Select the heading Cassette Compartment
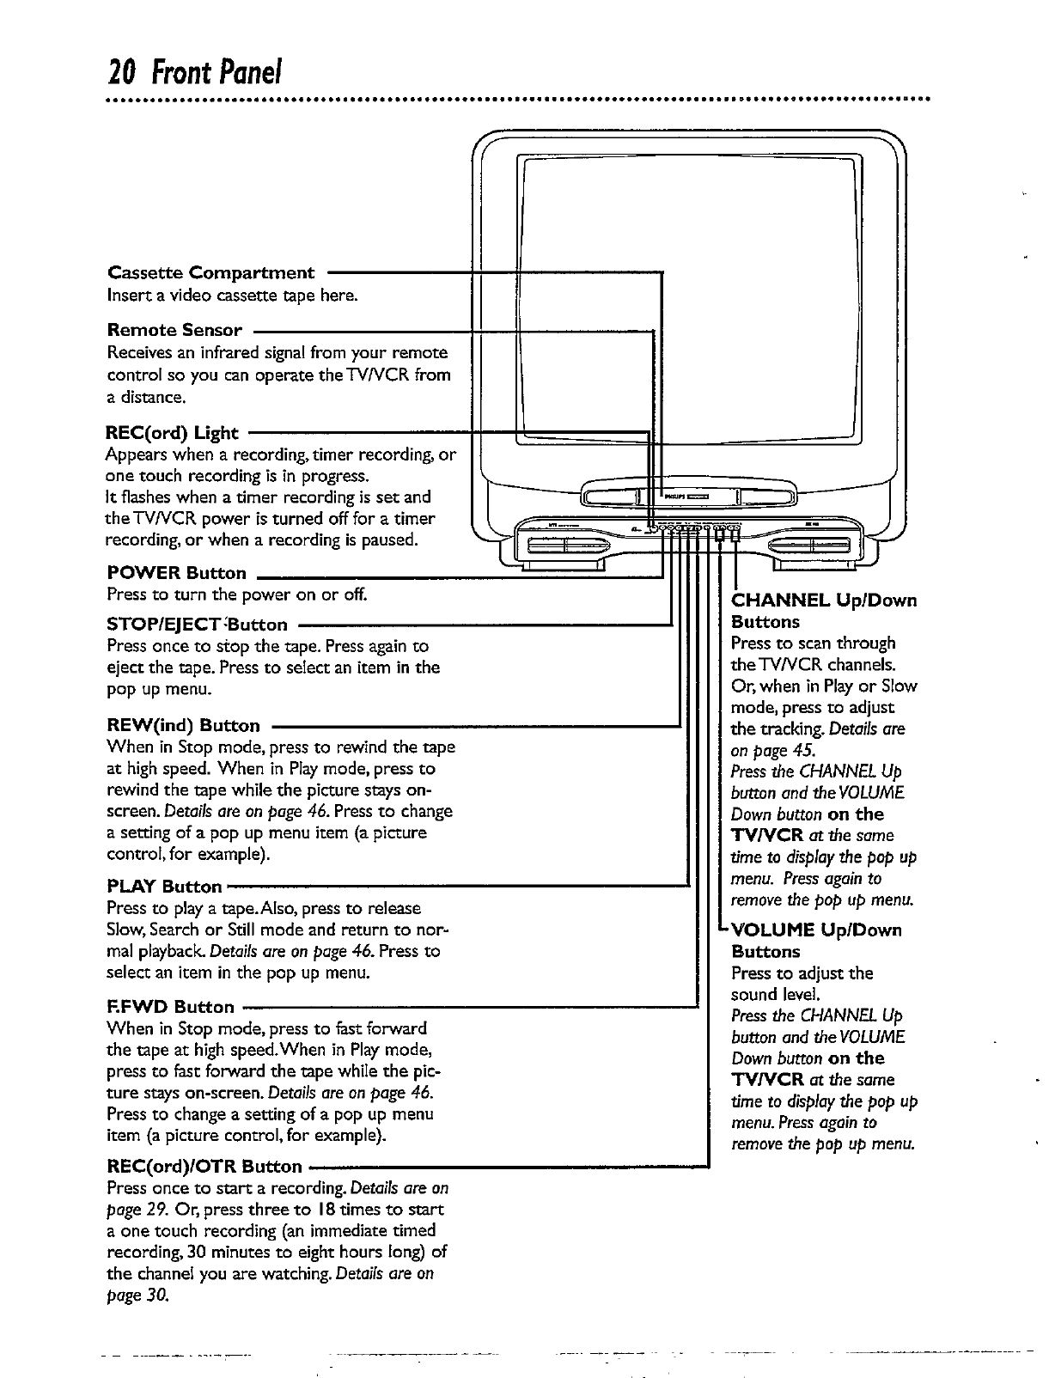[x=211, y=273]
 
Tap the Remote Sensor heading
[x=174, y=330]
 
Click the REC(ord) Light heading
[x=173, y=433]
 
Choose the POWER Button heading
[x=177, y=573]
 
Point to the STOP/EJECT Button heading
[x=198, y=624]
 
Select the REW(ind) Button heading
[x=184, y=726]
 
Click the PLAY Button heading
[x=165, y=886]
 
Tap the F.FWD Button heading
[x=170, y=1006]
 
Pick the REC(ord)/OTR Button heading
[x=204, y=1166]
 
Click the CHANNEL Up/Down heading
[x=823, y=600]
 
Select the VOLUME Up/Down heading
[x=816, y=930]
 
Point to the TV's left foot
[x=562, y=565]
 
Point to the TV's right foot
[x=822, y=565]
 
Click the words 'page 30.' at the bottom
[x=137, y=1296]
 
